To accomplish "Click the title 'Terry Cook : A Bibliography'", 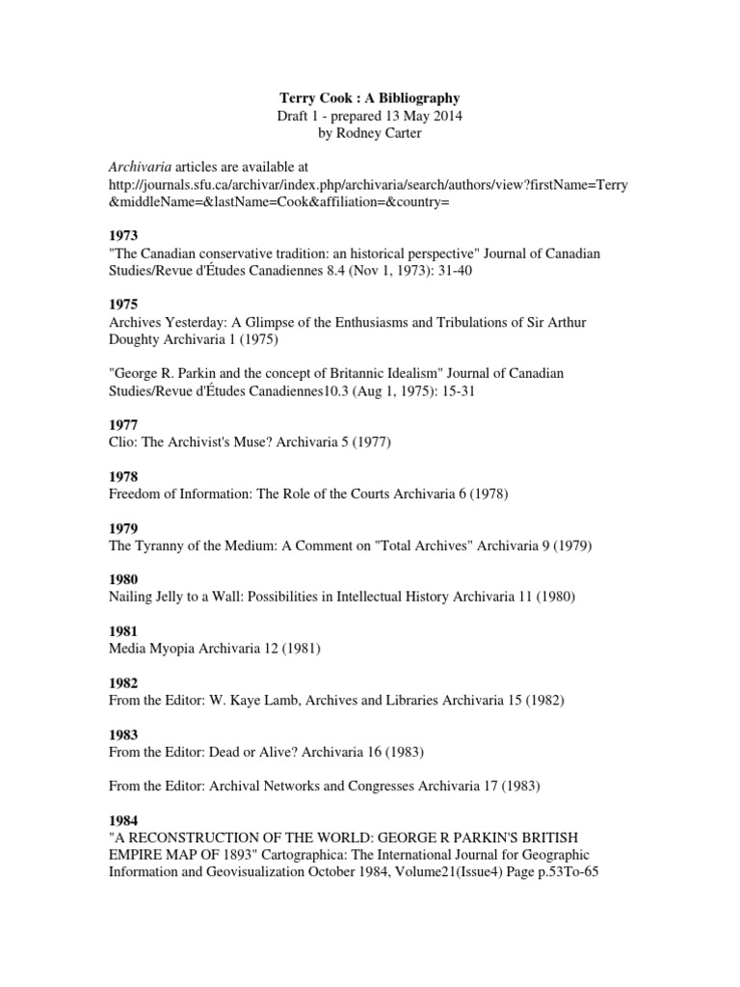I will point(369,97).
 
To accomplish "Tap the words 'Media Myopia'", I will point(153,649).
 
